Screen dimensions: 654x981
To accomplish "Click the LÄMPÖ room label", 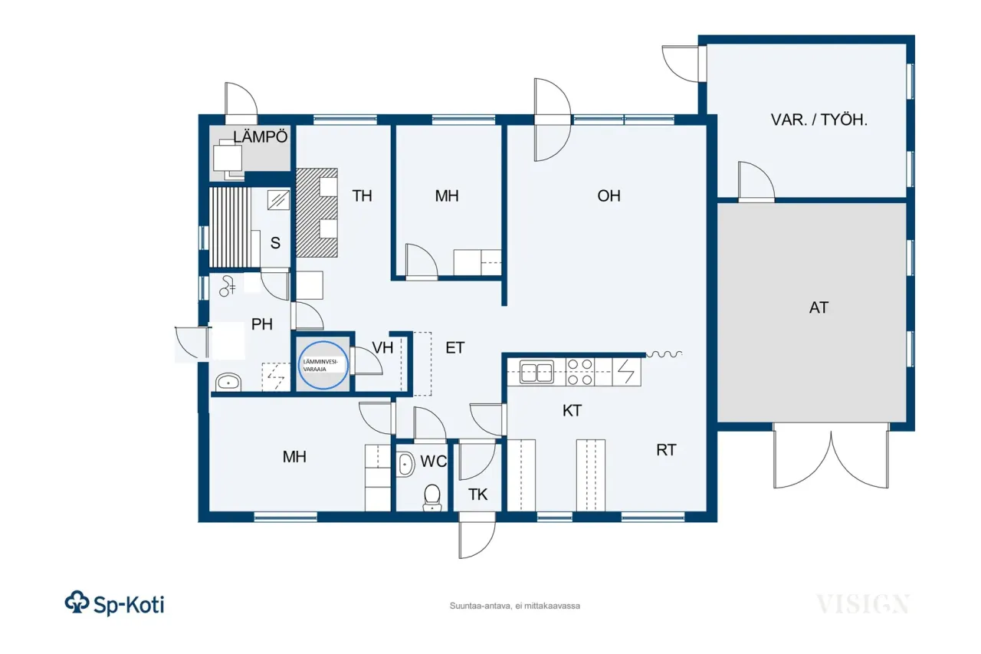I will point(261,137).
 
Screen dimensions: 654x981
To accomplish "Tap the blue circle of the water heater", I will point(323,364).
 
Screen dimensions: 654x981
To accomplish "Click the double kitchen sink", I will point(537,372).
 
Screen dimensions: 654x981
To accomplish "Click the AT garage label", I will point(819,307).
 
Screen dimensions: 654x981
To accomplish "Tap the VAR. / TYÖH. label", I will point(819,120).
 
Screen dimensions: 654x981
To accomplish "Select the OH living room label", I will point(609,196).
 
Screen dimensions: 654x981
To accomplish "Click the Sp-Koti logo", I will point(114,603).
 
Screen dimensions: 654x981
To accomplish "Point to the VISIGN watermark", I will point(862,603).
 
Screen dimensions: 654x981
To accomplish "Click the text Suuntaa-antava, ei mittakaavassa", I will point(514,606).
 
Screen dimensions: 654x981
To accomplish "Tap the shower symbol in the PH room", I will point(228,286).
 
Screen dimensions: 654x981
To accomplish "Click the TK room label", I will point(477,495).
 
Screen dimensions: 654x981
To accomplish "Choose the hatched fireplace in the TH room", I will point(317,212).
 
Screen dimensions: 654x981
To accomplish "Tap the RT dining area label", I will point(666,450).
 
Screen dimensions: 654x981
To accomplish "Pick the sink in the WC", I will point(405,464).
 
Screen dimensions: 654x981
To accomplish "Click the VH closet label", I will point(382,347).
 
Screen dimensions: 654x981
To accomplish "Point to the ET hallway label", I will point(455,348).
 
